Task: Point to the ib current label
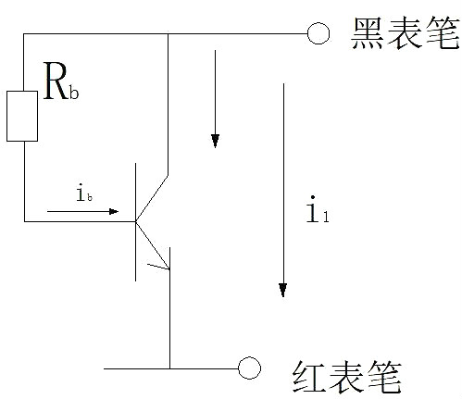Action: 82,194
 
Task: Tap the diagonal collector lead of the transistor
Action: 152,196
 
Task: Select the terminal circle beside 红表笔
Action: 247,368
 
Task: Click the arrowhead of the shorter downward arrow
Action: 215,141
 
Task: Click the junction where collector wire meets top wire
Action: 168,35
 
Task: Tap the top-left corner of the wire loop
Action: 22,35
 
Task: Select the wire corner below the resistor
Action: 22,220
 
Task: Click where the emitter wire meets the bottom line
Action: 169,368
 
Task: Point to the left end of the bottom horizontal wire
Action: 105,368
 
